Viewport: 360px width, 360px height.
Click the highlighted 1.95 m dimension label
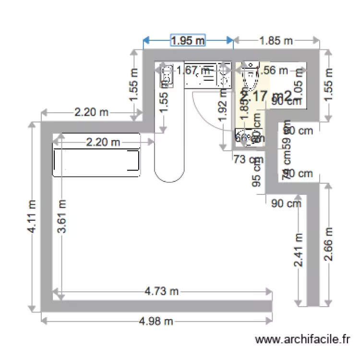pyautogui.click(x=188, y=41)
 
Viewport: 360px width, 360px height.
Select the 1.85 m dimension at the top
pyautogui.click(x=276, y=41)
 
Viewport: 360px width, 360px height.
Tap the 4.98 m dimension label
pyautogui.click(x=156, y=321)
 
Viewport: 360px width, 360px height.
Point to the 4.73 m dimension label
pyautogui.click(x=162, y=291)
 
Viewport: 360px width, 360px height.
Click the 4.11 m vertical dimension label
pyautogui.click(x=32, y=217)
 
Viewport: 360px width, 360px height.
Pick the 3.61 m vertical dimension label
pyautogui.click(x=62, y=217)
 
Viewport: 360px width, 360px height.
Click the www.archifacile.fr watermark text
pyautogui.click(x=303, y=340)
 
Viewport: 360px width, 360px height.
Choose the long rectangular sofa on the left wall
pyautogui.click(x=96, y=161)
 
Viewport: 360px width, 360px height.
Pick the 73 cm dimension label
pyautogui.click(x=244, y=159)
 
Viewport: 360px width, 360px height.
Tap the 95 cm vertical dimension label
pyautogui.click(x=257, y=173)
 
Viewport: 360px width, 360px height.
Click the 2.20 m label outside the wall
pyautogui.click(x=92, y=113)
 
